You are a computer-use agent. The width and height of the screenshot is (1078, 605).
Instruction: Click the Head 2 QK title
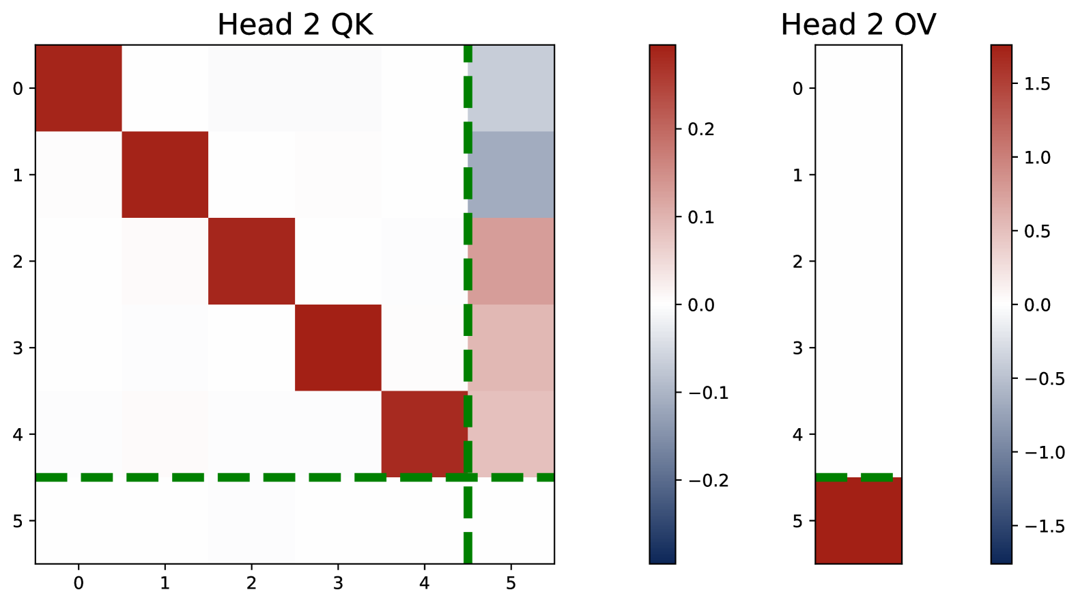tap(295, 25)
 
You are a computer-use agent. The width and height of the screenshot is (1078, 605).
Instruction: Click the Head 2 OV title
tap(858, 25)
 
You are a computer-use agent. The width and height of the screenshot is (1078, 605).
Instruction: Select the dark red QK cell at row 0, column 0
tap(79, 88)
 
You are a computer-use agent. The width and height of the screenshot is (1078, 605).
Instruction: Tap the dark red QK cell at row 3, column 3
tap(338, 348)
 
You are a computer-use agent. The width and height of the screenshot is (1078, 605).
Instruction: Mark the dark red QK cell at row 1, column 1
tap(165, 175)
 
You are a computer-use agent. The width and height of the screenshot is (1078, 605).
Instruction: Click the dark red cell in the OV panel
tap(858, 521)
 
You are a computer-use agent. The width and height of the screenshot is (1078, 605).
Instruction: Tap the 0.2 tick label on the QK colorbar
tap(700, 129)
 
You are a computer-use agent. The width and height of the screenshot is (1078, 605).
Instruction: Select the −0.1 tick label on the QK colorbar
tap(707, 393)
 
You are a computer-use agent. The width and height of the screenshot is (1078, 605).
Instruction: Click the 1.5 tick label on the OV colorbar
tap(1036, 84)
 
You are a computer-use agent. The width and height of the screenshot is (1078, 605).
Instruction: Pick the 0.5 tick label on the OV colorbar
tap(1036, 231)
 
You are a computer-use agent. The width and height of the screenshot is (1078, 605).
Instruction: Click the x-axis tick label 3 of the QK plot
tap(338, 583)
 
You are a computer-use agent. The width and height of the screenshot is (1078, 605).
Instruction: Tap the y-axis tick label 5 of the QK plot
tap(18, 521)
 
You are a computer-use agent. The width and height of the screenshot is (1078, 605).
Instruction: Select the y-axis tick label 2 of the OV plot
tap(797, 261)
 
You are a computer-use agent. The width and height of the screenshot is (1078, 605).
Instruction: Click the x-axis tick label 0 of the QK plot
tap(79, 583)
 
